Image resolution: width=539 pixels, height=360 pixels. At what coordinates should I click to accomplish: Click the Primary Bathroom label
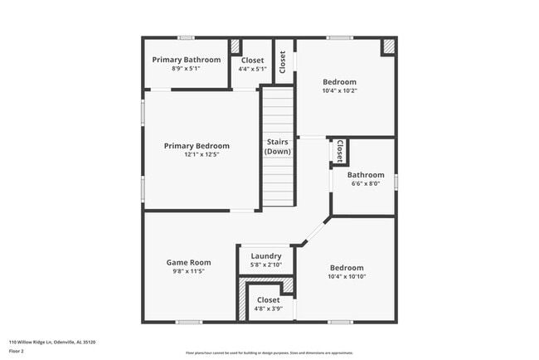click(x=186, y=60)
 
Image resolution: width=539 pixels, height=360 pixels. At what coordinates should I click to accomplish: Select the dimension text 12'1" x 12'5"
click(x=196, y=155)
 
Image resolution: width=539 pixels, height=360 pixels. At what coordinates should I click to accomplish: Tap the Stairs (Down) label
click(x=277, y=147)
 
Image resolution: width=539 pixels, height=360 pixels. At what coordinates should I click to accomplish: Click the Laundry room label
click(x=266, y=256)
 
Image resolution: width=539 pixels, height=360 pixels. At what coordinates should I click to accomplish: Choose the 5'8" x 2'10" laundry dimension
click(x=266, y=265)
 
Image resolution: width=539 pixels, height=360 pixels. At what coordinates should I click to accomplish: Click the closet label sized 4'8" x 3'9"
click(x=268, y=299)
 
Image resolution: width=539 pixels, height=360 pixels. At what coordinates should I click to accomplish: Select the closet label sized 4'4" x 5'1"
click(x=252, y=61)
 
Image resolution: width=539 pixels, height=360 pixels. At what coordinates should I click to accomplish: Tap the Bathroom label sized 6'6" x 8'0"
click(x=365, y=175)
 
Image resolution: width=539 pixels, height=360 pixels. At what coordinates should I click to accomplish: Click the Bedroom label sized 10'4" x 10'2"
click(x=339, y=82)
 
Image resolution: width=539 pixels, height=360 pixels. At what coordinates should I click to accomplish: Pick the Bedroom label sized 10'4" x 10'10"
click(x=347, y=268)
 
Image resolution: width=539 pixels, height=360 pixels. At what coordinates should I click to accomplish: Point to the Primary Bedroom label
click(x=196, y=146)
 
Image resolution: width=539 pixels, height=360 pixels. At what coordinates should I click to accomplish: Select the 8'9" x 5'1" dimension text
click(x=186, y=69)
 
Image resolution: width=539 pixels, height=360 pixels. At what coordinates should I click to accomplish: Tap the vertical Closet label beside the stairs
click(x=283, y=62)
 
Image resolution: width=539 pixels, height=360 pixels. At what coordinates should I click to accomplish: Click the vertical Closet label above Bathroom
click(x=340, y=152)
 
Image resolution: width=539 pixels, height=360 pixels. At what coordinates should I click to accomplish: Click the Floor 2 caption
click(x=17, y=351)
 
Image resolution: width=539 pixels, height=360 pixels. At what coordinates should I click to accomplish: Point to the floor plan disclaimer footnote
click(x=269, y=352)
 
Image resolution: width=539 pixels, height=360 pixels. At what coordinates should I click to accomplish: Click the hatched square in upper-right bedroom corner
click(x=388, y=47)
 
